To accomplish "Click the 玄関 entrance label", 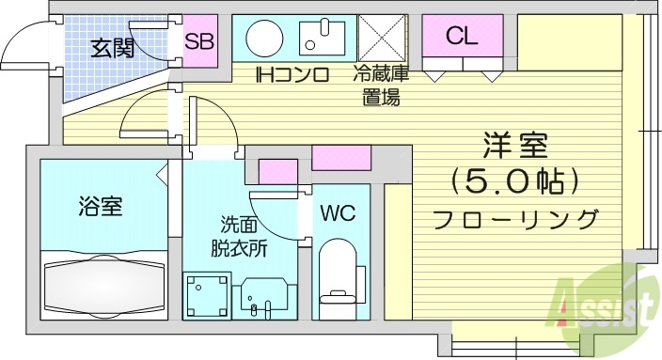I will click(111, 46).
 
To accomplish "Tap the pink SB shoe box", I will click(198, 41).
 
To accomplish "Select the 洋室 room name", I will click(515, 145).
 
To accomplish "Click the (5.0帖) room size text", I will click(514, 180).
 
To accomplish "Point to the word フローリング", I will click(515, 220).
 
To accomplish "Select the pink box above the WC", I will click(341, 157).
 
